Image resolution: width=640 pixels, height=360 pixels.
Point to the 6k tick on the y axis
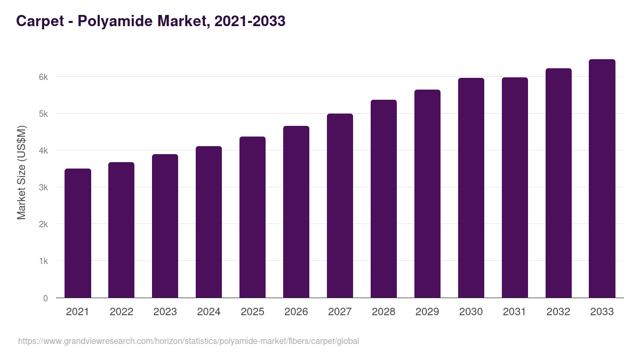[x=43, y=77]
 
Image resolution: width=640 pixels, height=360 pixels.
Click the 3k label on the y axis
[x=43, y=187]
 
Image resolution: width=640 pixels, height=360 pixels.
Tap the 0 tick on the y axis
[x=45, y=298]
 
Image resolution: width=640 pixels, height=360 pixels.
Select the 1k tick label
[x=43, y=261]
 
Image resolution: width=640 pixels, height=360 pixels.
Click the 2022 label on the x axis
[x=121, y=312]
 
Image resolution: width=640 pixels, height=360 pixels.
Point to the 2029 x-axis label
[x=427, y=312]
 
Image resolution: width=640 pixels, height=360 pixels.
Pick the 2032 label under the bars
[x=558, y=312]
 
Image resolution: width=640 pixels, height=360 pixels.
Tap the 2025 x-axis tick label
[x=252, y=312]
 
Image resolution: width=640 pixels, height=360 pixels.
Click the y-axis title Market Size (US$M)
[x=22, y=172]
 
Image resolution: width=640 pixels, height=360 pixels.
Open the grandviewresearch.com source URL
[x=188, y=341]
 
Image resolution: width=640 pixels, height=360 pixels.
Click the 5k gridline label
[x=43, y=114]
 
